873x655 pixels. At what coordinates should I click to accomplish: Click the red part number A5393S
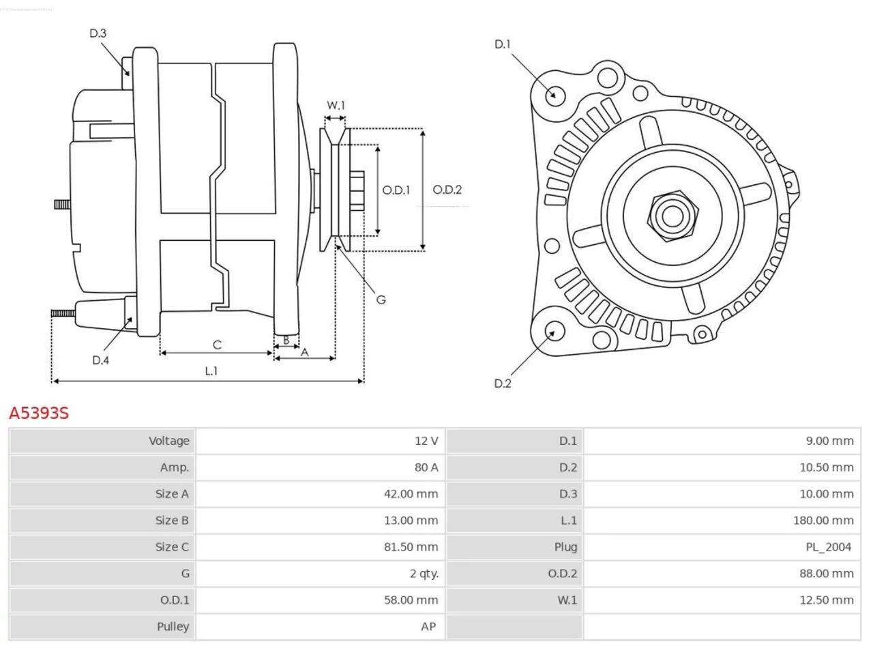point(39,413)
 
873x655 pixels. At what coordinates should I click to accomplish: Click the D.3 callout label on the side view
point(98,33)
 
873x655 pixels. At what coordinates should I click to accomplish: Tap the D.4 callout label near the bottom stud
point(100,360)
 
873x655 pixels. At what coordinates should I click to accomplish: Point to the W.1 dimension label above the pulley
point(336,105)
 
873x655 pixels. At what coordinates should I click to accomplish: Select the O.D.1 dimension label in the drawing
point(396,190)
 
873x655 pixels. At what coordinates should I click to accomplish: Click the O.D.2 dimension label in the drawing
point(447,190)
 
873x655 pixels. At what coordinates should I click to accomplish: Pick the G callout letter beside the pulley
point(381,300)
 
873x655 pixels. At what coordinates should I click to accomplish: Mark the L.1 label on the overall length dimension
point(211,371)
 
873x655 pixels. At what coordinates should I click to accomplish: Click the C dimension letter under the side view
point(217,345)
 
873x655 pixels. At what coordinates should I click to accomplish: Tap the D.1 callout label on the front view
point(503,44)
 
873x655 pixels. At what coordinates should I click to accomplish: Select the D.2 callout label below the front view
point(503,383)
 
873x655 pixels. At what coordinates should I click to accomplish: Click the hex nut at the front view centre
point(672,216)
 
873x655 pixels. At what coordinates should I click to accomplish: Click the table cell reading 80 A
point(426,467)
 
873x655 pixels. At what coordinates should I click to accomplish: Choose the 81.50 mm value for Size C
point(411,547)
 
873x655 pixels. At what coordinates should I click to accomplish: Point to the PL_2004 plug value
point(829,547)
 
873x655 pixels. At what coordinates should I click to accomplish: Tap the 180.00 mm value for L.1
point(823,520)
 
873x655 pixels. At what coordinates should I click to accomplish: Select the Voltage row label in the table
point(169,441)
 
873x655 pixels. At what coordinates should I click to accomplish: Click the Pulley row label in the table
point(173,627)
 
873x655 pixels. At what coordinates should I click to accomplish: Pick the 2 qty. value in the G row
point(424,574)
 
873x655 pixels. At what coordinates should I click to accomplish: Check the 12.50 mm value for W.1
point(827,600)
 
